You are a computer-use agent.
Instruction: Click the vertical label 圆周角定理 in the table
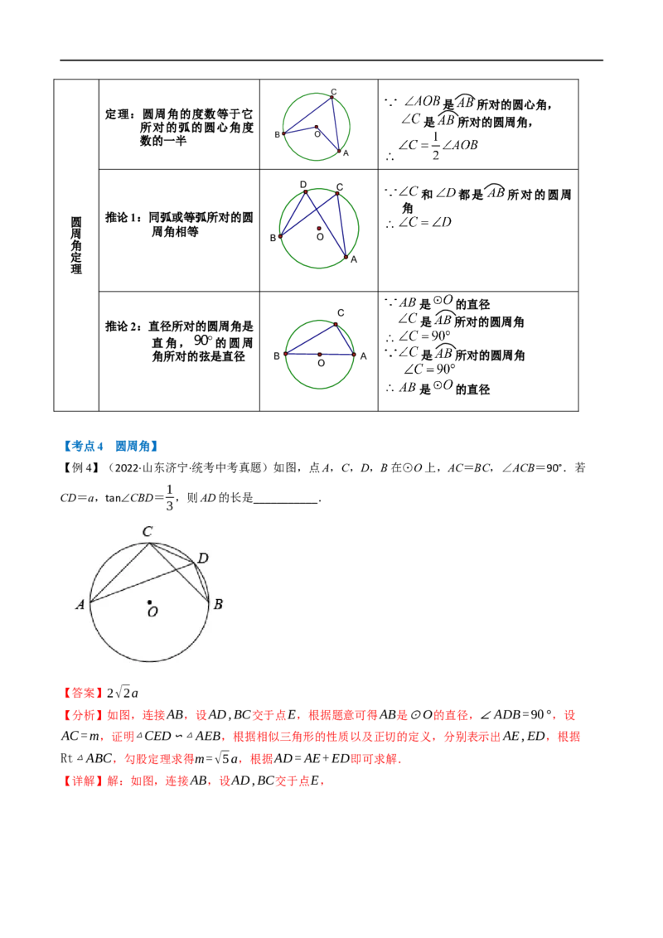click(x=76, y=245)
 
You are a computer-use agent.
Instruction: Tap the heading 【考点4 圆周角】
click(x=111, y=447)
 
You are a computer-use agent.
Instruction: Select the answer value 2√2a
click(x=123, y=693)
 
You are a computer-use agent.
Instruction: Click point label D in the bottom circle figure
click(x=203, y=558)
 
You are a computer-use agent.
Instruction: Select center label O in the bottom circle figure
click(x=152, y=612)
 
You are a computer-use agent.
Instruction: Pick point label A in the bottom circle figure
click(x=80, y=605)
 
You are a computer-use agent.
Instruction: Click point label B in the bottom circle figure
click(x=219, y=604)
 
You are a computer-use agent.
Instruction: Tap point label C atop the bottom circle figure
click(x=148, y=531)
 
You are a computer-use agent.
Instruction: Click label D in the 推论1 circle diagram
click(x=303, y=184)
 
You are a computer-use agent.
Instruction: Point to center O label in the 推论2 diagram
click(x=322, y=363)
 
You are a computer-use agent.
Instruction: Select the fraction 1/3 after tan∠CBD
click(x=169, y=498)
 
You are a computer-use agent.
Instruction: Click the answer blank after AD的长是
click(x=286, y=500)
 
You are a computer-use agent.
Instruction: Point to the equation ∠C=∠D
click(x=425, y=223)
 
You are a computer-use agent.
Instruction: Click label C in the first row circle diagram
click(x=334, y=92)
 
